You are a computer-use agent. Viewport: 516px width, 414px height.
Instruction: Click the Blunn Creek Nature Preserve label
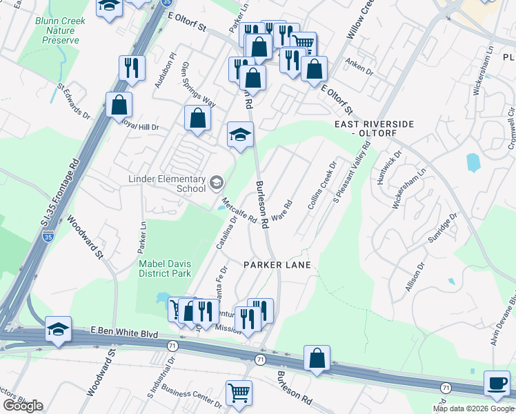point(60,30)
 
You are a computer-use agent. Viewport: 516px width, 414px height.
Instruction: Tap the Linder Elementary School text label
point(168,184)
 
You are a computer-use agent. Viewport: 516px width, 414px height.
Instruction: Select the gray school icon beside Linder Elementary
point(217,183)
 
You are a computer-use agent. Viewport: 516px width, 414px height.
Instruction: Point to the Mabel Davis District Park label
point(164,268)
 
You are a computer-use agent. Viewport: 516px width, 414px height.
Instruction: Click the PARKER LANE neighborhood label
point(277,265)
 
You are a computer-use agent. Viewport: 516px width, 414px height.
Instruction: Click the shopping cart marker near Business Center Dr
point(238,393)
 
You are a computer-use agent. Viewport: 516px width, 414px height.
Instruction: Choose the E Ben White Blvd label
point(125,333)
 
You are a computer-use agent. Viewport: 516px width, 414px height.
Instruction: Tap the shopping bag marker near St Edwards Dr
point(119,106)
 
